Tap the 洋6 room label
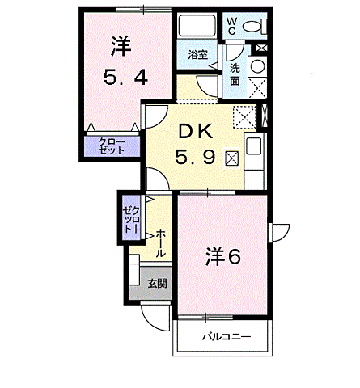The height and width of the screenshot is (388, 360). (222, 256)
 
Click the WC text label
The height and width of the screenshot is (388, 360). (231, 25)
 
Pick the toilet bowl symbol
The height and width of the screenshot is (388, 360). (253, 26)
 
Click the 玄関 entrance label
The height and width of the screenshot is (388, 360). (157, 284)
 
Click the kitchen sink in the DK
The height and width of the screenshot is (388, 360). (255, 149)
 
